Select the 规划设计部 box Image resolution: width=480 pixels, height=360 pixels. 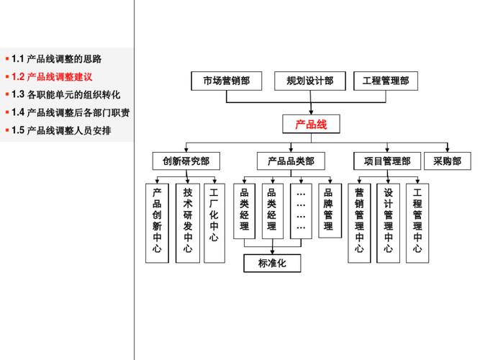pos(309,81)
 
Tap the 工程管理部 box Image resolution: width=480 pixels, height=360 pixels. pos(386,81)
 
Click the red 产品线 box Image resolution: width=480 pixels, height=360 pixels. pos(311,125)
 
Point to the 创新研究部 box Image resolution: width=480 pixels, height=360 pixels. pos(186,161)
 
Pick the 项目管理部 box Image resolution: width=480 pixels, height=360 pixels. pos(387,161)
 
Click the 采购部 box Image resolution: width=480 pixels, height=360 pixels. pos(447,161)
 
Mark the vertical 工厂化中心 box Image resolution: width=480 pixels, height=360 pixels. pos(214,215)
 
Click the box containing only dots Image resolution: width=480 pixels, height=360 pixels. pos(301,210)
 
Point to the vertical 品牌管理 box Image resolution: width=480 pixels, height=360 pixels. pos(328,210)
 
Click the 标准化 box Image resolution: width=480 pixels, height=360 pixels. pos(272,264)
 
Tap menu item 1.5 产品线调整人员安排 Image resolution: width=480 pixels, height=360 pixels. pos(62,130)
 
